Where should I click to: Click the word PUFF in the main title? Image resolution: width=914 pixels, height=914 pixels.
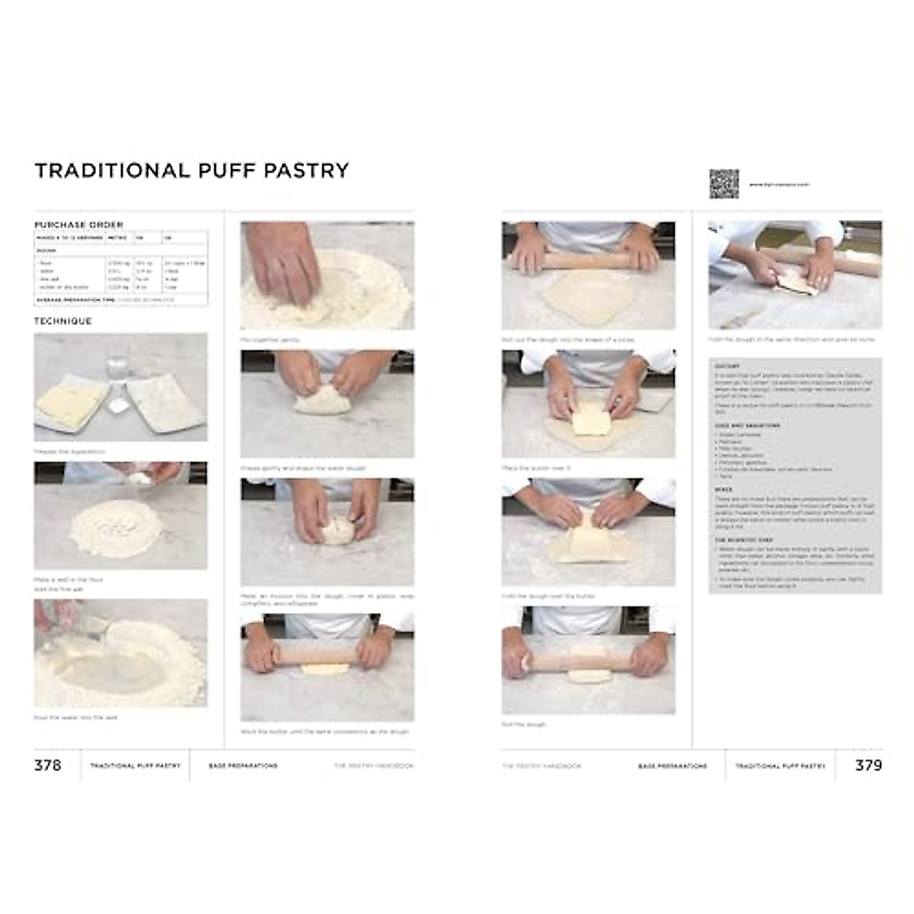click(227, 170)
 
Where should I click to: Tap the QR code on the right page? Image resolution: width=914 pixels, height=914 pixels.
click(724, 184)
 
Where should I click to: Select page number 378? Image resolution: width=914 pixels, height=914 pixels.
click(47, 765)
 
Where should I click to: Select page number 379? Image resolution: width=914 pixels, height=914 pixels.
click(868, 765)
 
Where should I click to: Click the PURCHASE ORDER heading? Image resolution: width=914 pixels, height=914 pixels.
click(78, 225)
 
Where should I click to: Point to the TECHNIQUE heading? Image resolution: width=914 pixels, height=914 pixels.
click(63, 321)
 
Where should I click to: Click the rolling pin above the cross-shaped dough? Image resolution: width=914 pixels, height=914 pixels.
click(587, 260)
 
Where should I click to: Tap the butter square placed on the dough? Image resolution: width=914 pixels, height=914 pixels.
click(590, 417)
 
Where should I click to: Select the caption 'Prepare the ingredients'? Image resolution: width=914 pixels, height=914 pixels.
click(70, 452)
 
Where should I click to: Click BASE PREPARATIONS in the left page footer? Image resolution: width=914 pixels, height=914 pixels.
click(243, 765)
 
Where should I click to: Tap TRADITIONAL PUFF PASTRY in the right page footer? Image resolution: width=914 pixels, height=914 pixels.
click(780, 765)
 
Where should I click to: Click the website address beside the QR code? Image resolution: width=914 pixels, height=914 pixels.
click(777, 184)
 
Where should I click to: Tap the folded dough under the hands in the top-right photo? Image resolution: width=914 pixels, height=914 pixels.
click(795, 284)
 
